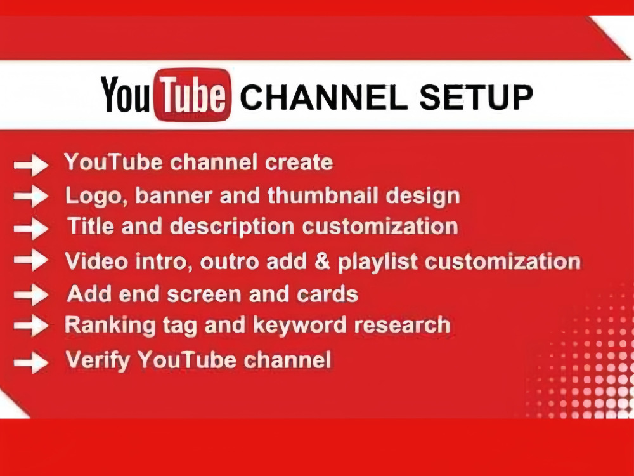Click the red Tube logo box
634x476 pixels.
pos(192,95)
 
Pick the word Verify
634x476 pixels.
pos(98,361)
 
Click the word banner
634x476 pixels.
pos(171,195)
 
